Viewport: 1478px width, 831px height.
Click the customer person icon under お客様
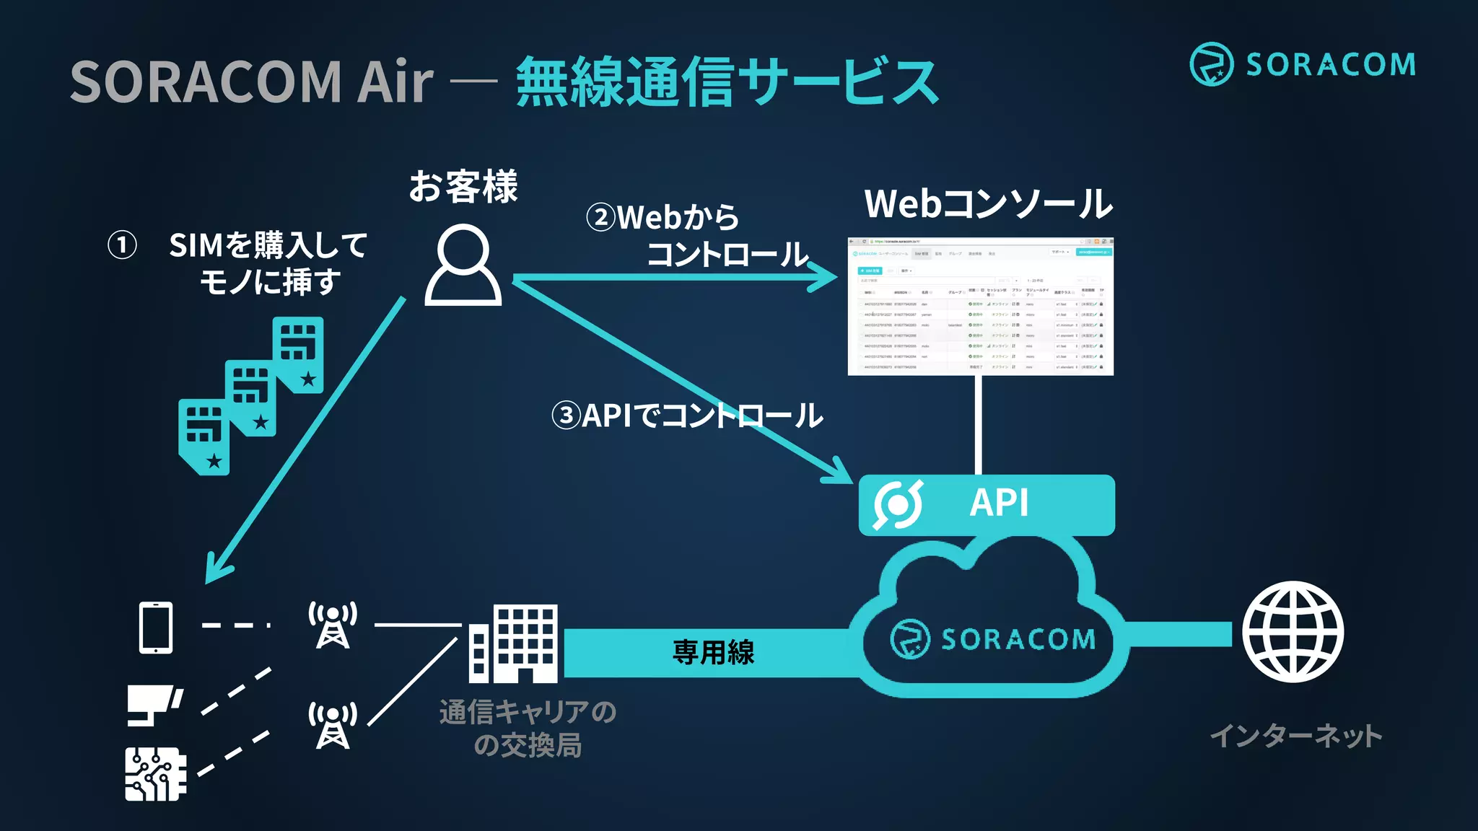[x=463, y=265]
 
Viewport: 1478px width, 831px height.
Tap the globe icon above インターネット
[x=1293, y=632]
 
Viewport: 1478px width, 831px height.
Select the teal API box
[x=986, y=504]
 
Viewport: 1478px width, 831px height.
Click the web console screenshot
[x=980, y=307]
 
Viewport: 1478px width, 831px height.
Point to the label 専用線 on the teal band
[x=713, y=652]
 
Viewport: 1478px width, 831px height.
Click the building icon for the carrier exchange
[x=513, y=643]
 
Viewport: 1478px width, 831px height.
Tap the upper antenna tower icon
[x=333, y=625]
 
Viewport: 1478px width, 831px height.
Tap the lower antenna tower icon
[x=333, y=725]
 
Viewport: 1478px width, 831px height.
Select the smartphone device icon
[x=156, y=627]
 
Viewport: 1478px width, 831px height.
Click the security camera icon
[x=154, y=704]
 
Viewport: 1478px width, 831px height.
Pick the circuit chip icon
[x=155, y=773]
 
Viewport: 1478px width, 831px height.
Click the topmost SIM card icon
[x=298, y=354]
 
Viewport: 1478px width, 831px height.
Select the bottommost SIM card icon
[x=204, y=436]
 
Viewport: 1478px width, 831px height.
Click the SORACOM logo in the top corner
[x=1302, y=64]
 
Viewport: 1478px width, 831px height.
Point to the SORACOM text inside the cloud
[x=1018, y=639]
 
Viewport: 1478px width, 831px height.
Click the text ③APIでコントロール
[x=686, y=415]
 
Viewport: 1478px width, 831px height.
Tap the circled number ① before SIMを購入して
[x=122, y=245]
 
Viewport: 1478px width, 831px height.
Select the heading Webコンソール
[x=988, y=203]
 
